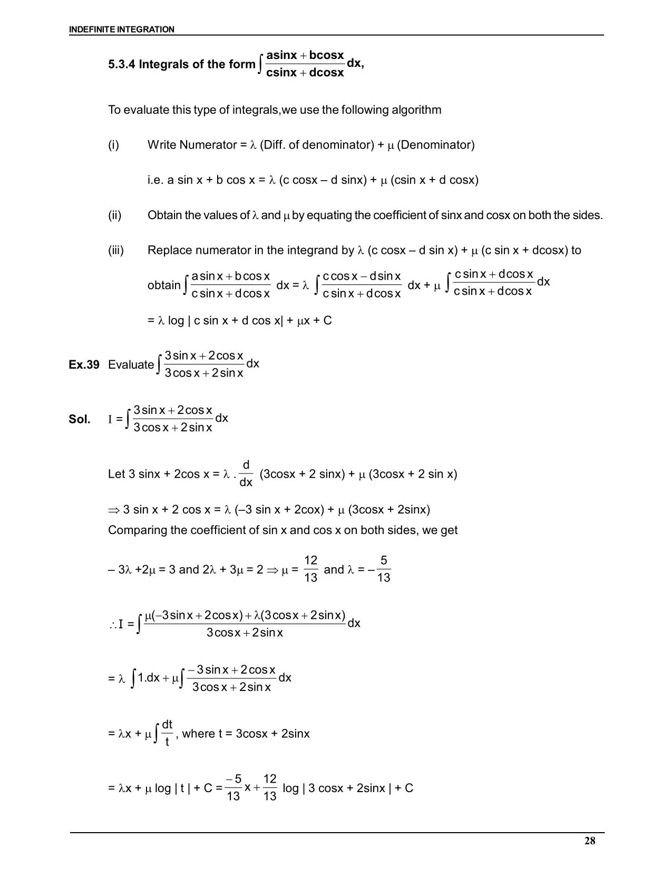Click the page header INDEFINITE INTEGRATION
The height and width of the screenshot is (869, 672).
(121, 29)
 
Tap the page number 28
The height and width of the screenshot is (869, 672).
(590, 841)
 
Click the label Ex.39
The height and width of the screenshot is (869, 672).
(84, 364)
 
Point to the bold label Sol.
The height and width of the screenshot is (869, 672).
(79, 419)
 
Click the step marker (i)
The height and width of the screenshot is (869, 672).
(114, 145)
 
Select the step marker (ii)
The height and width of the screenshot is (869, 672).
(115, 215)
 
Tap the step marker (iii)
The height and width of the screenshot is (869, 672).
(116, 250)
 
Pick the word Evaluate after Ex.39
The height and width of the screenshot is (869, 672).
(131, 364)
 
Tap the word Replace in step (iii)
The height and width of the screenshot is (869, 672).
(168, 250)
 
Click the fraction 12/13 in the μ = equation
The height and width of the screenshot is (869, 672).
(311, 569)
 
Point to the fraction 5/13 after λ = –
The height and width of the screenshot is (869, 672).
(384, 569)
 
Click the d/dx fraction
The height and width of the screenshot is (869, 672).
(246, 473)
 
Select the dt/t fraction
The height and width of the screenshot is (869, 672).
(167, 733)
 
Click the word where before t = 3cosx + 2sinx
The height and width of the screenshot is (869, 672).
(198, 734)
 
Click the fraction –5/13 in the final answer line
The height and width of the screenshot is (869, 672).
(233, 788)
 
